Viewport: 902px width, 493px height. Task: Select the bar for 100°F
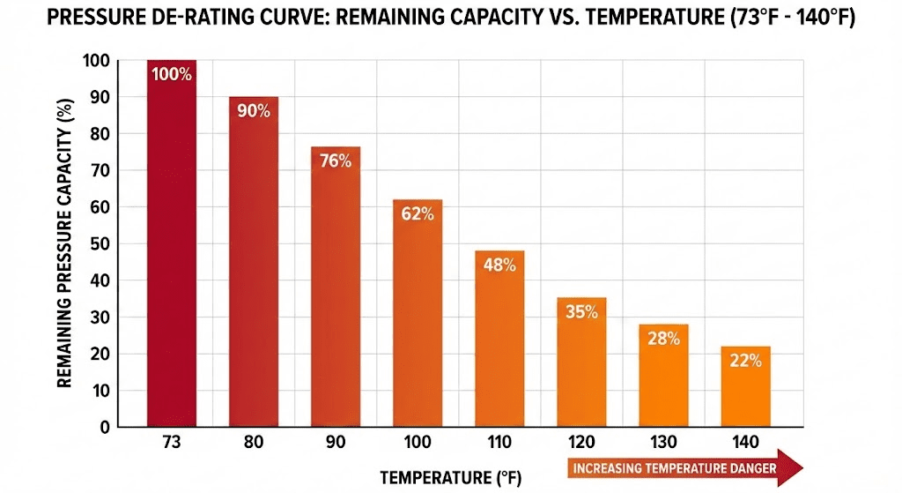tap(418, 317)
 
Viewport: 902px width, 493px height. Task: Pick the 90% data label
tap(254, 111)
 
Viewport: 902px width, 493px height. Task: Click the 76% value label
tap(336, 161)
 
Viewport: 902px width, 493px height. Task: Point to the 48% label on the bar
tap(499, 265)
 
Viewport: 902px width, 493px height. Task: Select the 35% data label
tap(581, 311)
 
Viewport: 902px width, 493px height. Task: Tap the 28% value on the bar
tap(663, 339)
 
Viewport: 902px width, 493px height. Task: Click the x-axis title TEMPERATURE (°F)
tap(450, 478)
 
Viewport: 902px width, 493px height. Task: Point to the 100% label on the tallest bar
tap(172, 75)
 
